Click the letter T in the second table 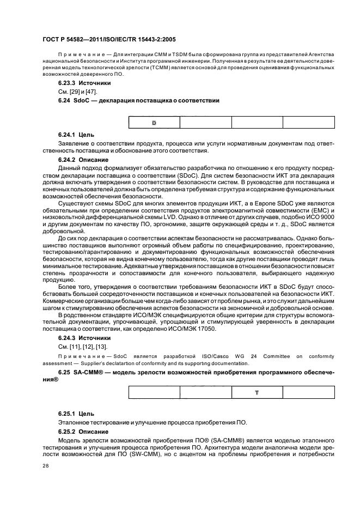(256, 392)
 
